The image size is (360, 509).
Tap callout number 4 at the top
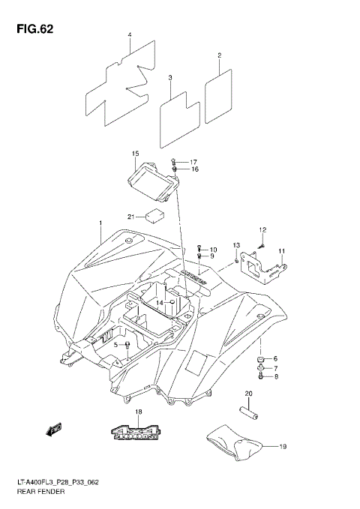130,35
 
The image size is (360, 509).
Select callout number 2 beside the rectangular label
219,55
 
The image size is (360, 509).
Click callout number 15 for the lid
136,154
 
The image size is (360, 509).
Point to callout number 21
130,217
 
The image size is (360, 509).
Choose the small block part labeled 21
155,216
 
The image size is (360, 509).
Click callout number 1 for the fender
99,224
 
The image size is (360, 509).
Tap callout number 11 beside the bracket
282,250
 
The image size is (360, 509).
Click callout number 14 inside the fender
159,302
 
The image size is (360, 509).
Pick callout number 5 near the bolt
116,344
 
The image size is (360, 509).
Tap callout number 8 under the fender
274,377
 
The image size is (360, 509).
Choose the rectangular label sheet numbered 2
216,91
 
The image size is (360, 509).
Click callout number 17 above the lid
193,162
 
